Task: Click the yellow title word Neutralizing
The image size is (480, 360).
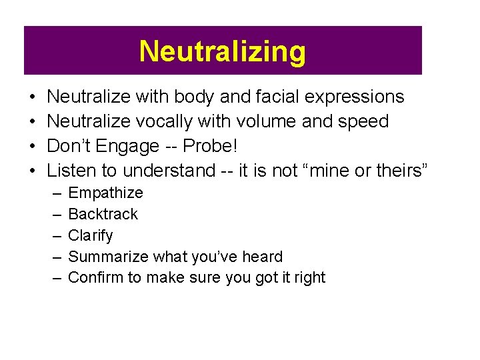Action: [x=223, y=51]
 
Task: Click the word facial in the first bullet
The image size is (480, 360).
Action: [x=277, y=97]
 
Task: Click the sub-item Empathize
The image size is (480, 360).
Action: [x=105, y=193]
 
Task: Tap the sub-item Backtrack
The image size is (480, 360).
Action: [x=103, y=214]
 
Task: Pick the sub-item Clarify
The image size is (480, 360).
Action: [x=91, y=235]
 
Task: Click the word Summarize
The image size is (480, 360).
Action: [x=109, y=257]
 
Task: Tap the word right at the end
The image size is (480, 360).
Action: [x=310, y=278]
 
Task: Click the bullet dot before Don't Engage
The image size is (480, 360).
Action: [x=33, y=147]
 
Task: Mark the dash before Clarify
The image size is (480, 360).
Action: [x=53, y=235]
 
